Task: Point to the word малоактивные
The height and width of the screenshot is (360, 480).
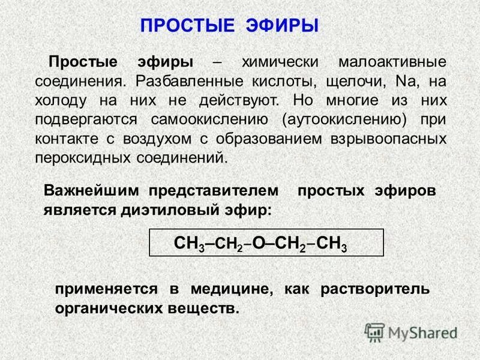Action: (393, 62)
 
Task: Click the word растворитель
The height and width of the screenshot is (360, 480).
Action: (375, 289)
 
